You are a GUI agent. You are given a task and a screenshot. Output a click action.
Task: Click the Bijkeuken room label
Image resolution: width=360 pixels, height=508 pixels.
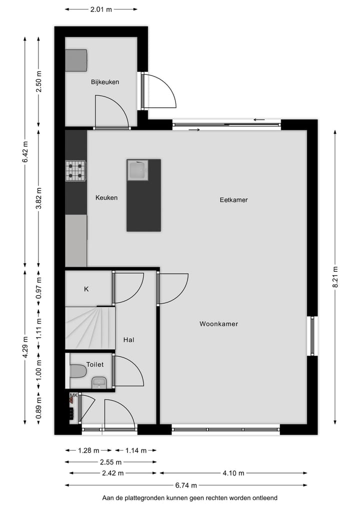pos(105,82)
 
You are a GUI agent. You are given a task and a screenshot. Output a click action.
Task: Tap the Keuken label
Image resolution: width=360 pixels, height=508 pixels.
pos(106,198)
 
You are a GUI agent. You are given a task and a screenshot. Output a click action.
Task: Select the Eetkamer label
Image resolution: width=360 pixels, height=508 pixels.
pos(233,200)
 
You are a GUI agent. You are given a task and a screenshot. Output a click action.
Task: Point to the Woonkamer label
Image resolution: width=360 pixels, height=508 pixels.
pos(218,324)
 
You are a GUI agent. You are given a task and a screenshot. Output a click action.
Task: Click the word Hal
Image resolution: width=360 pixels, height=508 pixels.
pos(128,340)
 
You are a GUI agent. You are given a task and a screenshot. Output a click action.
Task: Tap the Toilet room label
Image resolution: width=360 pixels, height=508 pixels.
pos(95,365)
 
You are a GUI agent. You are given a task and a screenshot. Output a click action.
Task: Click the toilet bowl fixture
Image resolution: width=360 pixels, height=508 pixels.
pos(77,371)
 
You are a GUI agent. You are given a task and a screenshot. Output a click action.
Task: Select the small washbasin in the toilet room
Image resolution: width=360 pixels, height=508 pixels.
pos(99,383)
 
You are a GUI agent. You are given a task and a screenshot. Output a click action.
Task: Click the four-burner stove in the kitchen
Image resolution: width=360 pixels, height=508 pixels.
pos(75,170)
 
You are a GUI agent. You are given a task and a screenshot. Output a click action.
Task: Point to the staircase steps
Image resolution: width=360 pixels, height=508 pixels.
pos(90,328)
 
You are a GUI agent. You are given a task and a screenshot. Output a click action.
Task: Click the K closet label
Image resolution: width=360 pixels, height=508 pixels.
pos(86,289)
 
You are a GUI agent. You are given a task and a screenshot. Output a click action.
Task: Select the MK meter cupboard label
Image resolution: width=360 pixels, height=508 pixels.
pos(73,396)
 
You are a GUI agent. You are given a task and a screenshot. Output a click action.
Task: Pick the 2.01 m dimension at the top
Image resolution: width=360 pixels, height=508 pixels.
pos(101,9)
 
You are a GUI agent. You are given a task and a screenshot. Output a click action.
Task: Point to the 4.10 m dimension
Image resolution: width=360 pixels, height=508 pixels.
pos(233,474)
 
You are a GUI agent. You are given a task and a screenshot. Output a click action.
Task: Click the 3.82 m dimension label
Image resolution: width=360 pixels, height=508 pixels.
pos(39,197)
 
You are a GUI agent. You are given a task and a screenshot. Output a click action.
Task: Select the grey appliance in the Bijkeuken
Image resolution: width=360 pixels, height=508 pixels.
pos(76,60)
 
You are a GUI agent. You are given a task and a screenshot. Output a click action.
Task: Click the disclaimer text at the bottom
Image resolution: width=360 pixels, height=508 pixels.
pos(189,498)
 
